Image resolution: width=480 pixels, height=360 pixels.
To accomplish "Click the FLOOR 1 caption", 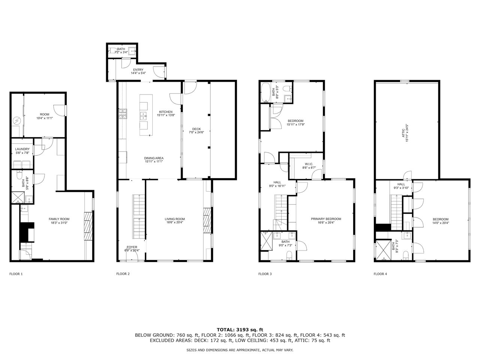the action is [16, 274].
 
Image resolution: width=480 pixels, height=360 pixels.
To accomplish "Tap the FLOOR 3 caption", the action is [265, 274].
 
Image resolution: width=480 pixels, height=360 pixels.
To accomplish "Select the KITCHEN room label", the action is [166, 112].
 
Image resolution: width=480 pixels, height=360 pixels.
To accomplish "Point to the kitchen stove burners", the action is [123, 114].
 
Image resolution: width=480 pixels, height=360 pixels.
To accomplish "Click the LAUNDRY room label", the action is [22, 149].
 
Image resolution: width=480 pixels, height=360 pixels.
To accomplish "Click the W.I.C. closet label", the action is [309, 164].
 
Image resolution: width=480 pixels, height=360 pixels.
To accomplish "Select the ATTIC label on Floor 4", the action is [403, 133].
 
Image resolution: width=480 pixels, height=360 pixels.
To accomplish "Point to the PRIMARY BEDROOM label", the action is [326, 219].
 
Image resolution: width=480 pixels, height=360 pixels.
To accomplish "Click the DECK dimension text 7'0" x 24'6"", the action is [196, 132].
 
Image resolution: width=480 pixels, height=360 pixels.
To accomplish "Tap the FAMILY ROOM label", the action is [59, 219].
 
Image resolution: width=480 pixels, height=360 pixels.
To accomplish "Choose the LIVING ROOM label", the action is [175, 219].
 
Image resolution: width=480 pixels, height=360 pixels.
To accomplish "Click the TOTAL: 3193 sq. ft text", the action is [240, 330].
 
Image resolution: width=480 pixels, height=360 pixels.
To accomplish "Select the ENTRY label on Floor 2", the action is [138, 70].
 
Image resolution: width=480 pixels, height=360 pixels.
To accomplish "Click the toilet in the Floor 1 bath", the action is [19, 175].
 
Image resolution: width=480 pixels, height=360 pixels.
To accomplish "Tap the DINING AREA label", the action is [154, 158].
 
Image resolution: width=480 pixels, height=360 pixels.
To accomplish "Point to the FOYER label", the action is [132, 247].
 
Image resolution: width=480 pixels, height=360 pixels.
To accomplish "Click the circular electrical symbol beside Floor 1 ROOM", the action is [16, 120].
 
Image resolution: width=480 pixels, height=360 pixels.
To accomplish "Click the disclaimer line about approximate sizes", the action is [240, 350].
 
